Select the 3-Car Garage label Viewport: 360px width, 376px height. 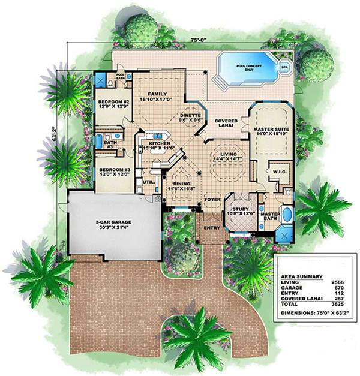(113, 222)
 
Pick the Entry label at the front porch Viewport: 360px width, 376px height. (211, 228)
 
